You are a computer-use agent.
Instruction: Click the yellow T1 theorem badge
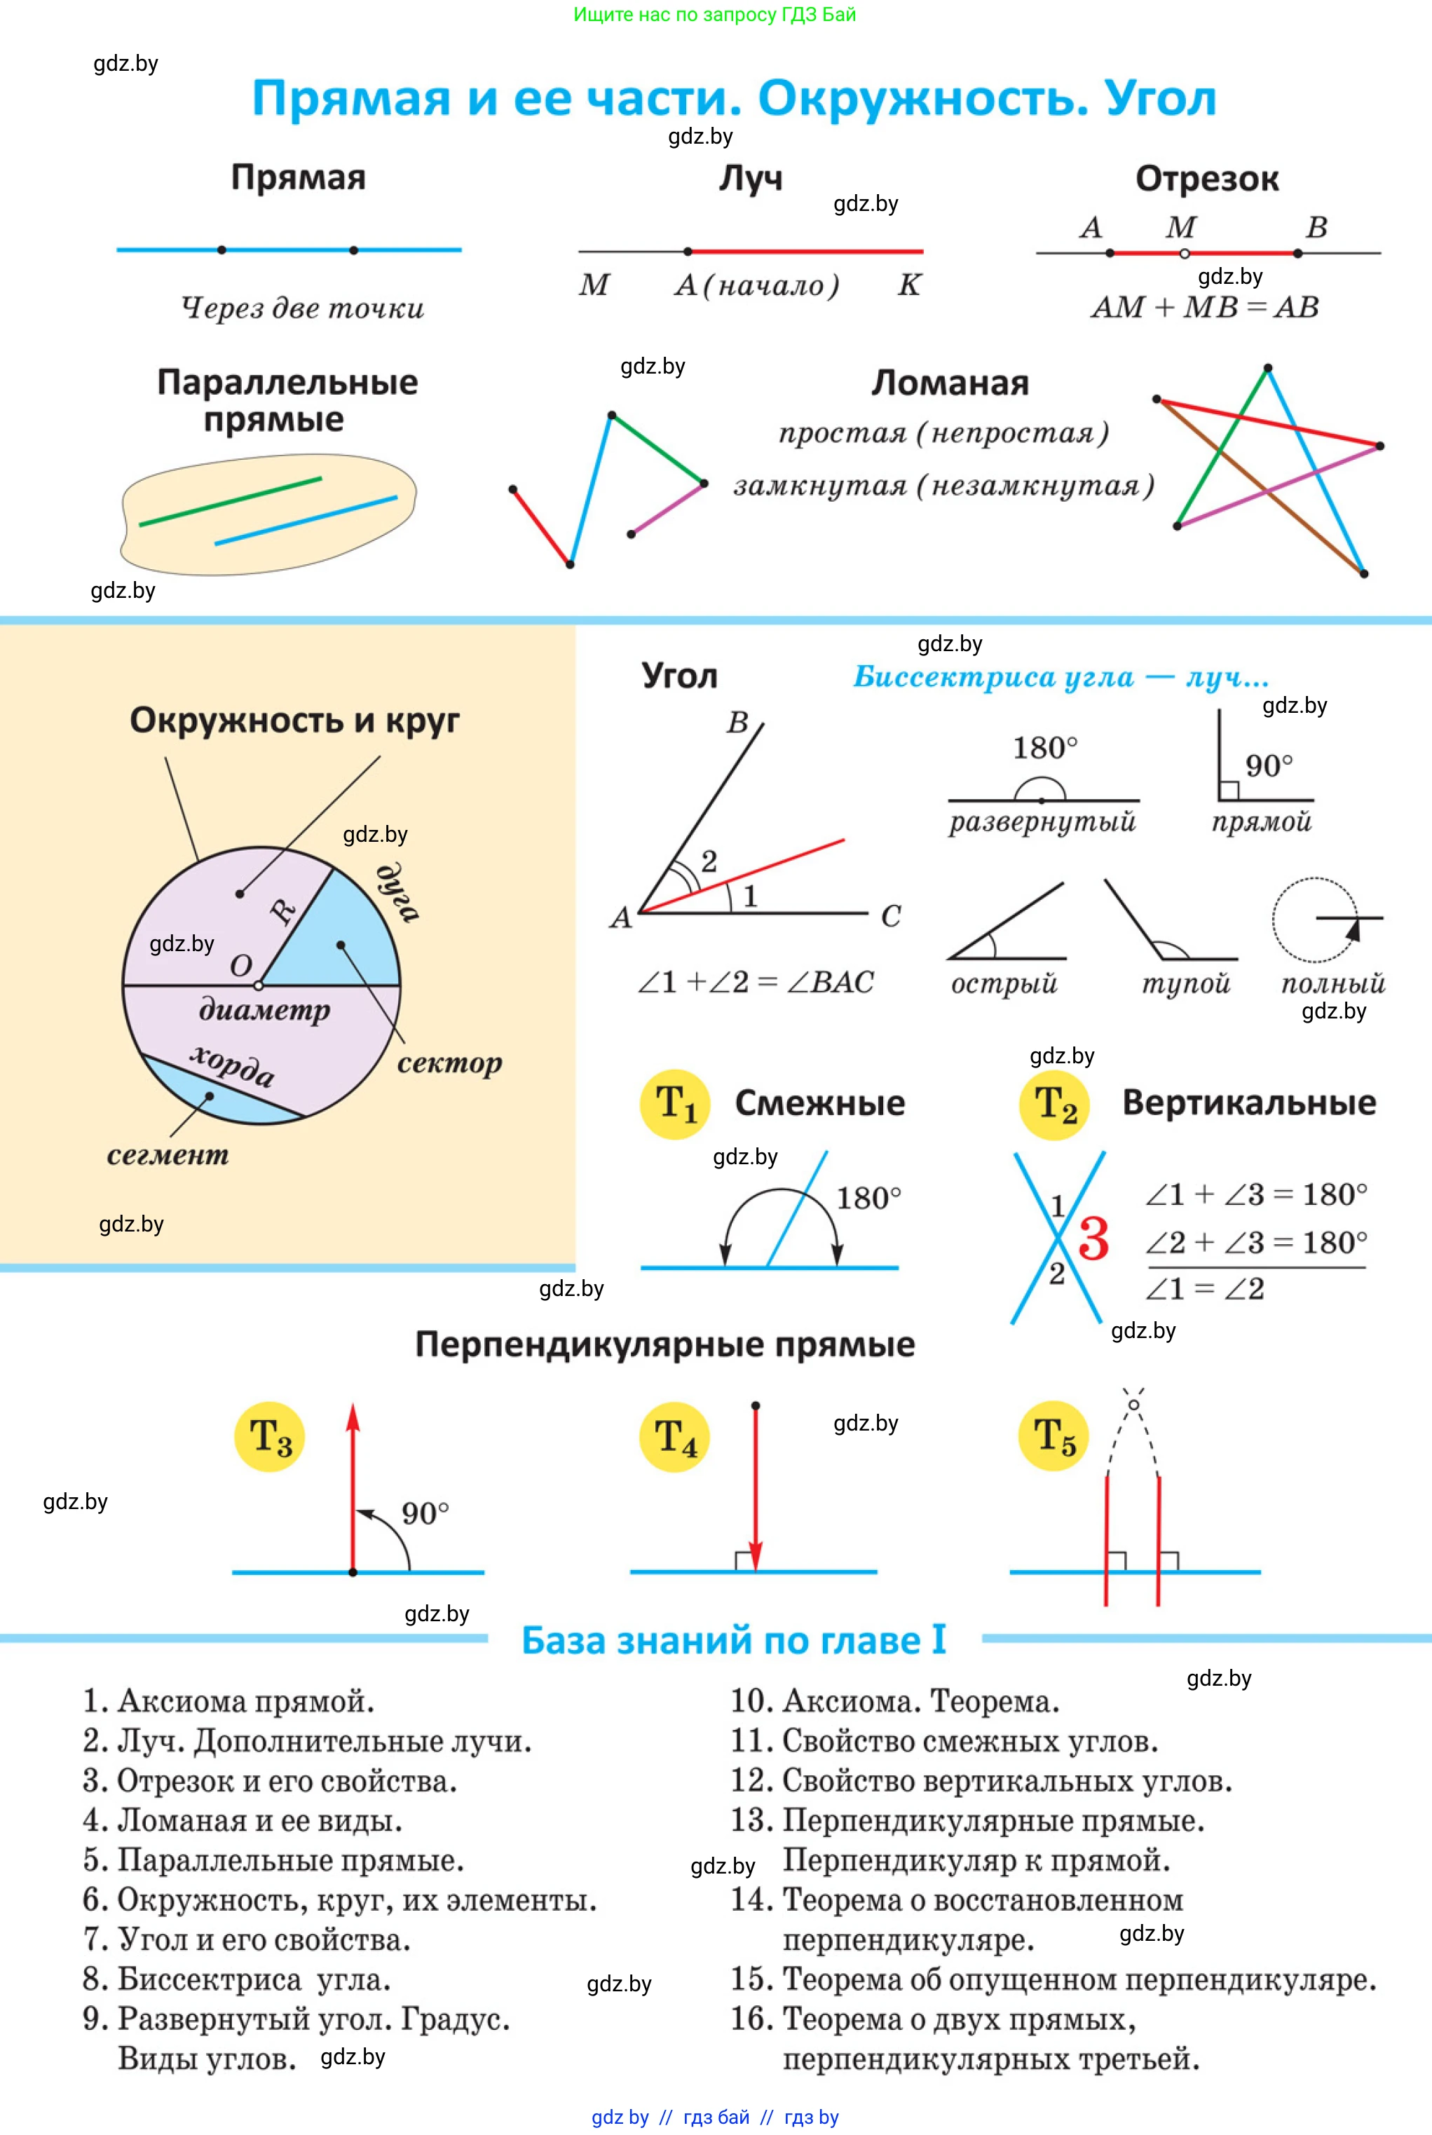[675, 1104]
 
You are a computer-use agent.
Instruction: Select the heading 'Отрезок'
[1206, 179]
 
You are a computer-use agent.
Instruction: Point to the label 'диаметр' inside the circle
[264, 1010]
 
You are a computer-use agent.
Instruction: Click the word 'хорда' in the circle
[232, 1065]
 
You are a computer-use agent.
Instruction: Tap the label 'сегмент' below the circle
[168, 1155]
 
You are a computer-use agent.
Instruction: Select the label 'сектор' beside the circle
[449, 1063]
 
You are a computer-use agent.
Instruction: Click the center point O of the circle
[259, 985]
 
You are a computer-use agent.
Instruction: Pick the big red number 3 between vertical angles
[1093, 1239]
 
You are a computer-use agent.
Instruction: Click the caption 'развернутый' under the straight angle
[1042, 822]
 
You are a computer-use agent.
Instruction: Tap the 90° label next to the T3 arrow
[425, 1513]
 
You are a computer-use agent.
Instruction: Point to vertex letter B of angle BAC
[737, 723]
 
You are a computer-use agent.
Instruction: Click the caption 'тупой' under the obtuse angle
[1185, 983]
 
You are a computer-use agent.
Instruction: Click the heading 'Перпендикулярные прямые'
[665, 1344]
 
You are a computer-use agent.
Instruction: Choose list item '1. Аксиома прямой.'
[229, 1701]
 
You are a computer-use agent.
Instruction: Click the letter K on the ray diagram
[908, 285]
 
